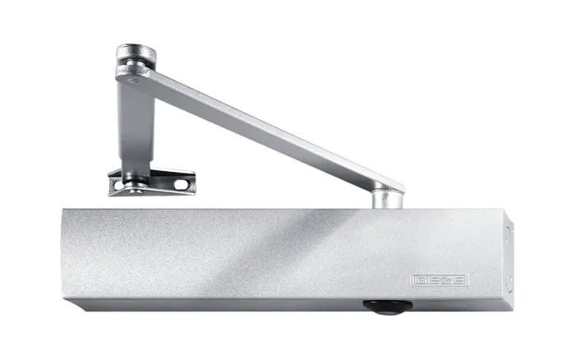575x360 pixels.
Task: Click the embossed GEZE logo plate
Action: point(439,280)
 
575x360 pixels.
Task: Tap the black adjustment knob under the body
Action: point(387,307)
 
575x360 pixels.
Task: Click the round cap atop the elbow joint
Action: point(136,55)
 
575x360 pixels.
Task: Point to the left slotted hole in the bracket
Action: point(118,185)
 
